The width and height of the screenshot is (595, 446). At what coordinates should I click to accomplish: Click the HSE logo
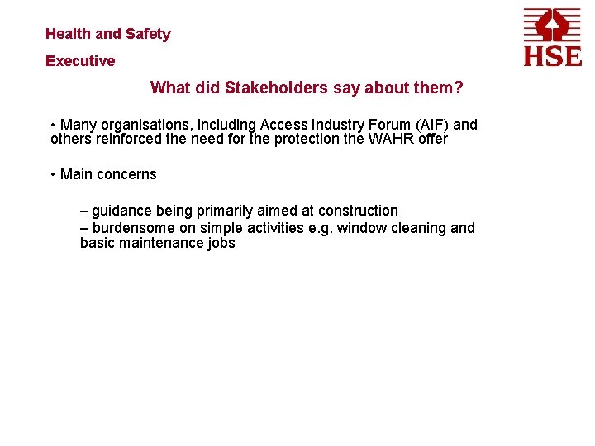coord(552,36)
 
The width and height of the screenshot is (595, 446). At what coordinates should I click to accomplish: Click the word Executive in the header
coord(80,61)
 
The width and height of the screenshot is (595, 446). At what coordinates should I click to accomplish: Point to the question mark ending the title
coord(459,88)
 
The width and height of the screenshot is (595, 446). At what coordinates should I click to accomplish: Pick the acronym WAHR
coord(388,139)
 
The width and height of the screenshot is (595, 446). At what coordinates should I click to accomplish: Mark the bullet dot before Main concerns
coord(53,174)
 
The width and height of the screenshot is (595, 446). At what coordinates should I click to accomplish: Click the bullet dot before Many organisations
coord(53,125)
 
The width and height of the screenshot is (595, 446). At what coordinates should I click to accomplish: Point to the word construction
coord(358,211)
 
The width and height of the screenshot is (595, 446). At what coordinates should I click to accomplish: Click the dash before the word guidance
coord(84,211)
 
